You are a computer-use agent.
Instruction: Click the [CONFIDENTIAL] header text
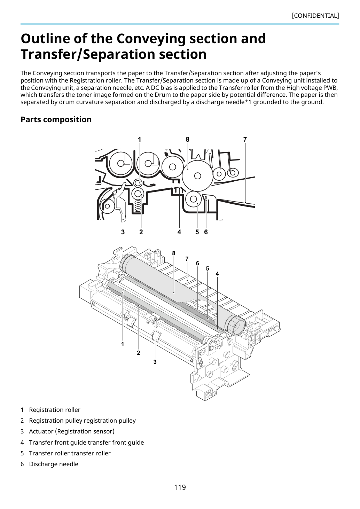[315, 16]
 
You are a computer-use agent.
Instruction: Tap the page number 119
[180, 487]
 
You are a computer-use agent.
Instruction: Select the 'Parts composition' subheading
[56, 119]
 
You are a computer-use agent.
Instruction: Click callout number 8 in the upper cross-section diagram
[188, 140]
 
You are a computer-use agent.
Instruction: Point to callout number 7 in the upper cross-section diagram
[245, 140]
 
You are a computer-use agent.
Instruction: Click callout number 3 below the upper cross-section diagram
[123, 232]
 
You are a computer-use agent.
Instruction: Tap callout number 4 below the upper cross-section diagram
[179, 232]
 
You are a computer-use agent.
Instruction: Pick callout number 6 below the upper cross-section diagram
[206, 232]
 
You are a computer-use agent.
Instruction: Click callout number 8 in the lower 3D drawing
[174, 253]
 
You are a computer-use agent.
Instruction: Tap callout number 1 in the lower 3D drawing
[123, 344]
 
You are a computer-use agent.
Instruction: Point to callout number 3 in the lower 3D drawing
[155, 362]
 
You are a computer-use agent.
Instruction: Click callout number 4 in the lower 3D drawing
[217, 274]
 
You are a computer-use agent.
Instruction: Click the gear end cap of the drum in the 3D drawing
[236, 326]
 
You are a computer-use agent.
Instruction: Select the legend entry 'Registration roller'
[55, 410]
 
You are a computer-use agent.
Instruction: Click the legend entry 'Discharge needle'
[54, 464]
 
